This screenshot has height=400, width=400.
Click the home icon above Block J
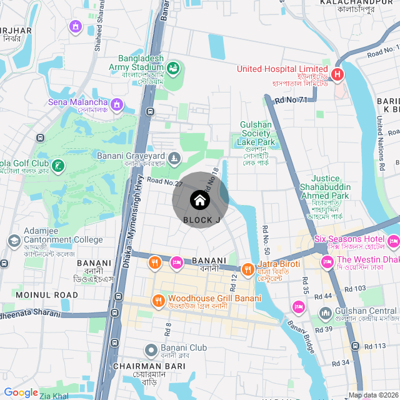coord(199,201)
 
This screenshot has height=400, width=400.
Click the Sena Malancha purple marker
coord(117,102)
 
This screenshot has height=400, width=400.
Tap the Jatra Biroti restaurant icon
coord(248,269)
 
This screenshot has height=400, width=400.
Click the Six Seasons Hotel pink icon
coord(393,240)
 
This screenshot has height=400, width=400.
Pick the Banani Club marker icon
coord(151,349)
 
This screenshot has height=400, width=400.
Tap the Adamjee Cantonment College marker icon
coord(14,240)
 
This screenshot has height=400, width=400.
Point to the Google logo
coord(21,392)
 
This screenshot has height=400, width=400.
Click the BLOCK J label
coord(201,220)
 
